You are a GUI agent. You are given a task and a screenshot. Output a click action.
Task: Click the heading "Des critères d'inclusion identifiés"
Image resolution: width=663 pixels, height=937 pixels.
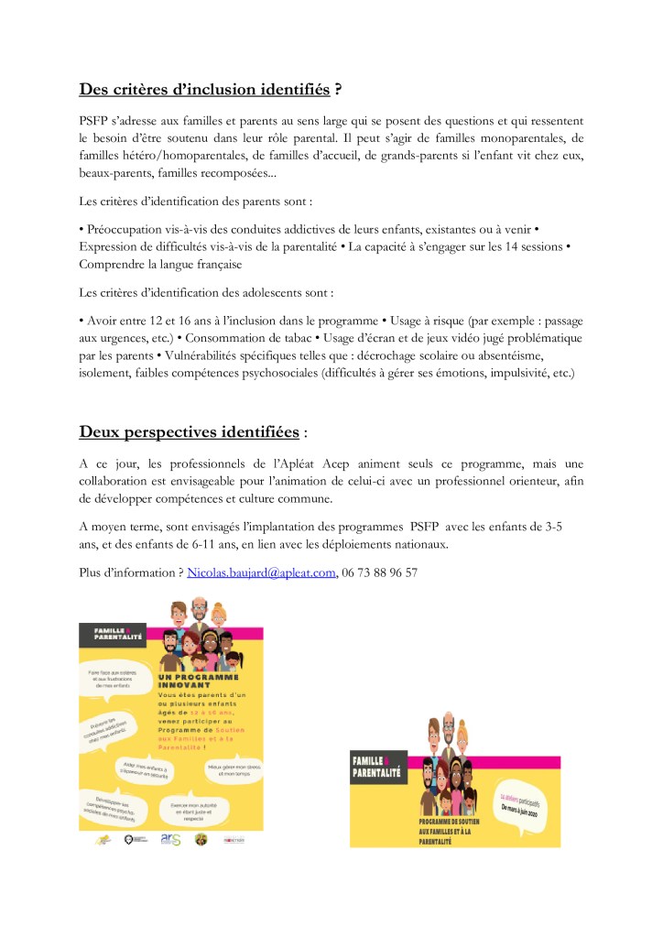204,90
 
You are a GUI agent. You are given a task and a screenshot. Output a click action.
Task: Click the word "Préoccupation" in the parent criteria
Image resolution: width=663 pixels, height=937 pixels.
127,226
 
